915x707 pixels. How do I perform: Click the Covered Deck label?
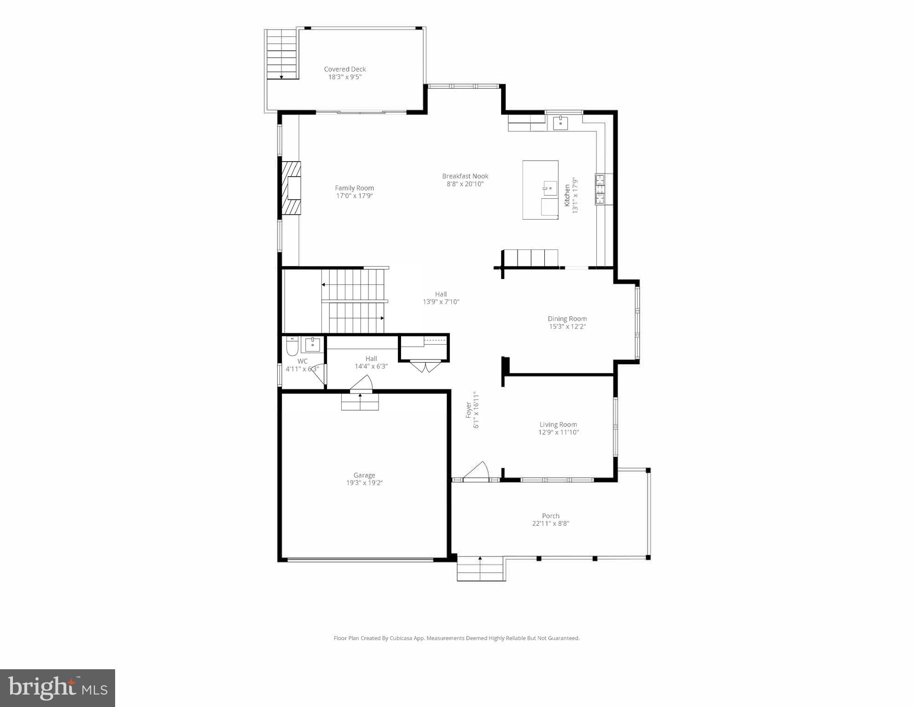[344, 70]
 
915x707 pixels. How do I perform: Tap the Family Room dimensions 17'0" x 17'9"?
[354, 196]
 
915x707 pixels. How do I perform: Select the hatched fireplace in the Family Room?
[291, 188]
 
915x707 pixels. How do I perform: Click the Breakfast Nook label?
[465, 176]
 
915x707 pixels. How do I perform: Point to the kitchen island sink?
[549, 188]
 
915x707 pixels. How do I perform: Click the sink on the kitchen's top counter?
[560, 122]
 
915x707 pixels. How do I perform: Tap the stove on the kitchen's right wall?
[600, 189]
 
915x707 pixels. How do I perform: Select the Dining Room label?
[567, 319]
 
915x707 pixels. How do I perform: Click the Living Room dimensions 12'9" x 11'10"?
[558, 432]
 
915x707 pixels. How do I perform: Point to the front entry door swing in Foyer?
[477, 471]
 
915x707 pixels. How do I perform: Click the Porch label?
[550, 516]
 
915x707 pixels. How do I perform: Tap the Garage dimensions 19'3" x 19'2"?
[364, 483]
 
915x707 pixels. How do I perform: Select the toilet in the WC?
[292, 346]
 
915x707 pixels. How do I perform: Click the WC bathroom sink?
[313, 344]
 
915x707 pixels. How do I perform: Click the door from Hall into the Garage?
[361, 384]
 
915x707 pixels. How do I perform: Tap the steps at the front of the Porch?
[481, 569]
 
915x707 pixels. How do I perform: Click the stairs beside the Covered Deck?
[281, 54]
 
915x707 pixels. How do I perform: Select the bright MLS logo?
[58, 688]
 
